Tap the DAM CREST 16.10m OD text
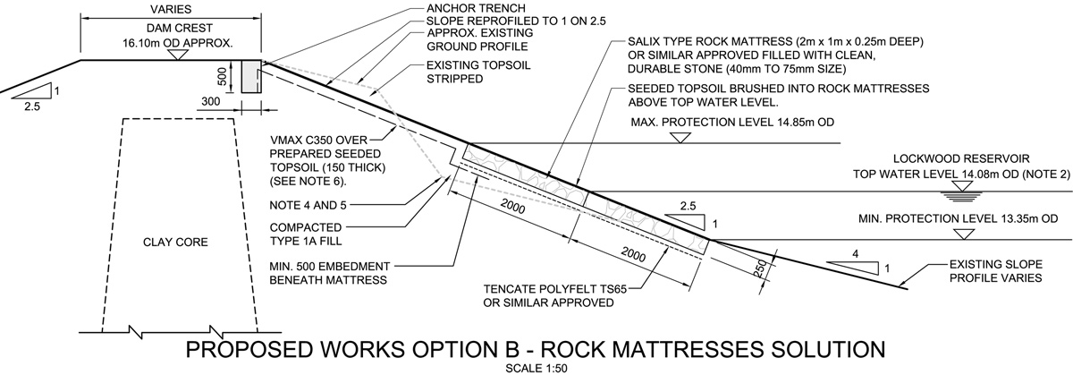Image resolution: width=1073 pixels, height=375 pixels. coord(178,35)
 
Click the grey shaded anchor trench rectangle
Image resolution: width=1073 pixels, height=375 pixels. coord(250,76)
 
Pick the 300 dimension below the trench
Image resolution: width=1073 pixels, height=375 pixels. coord(209,103)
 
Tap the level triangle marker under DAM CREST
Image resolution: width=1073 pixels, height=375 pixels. coord(178,55)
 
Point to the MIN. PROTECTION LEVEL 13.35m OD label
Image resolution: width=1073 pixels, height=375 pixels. coord(957,217)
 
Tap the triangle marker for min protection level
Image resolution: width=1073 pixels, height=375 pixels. coord(961,234)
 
